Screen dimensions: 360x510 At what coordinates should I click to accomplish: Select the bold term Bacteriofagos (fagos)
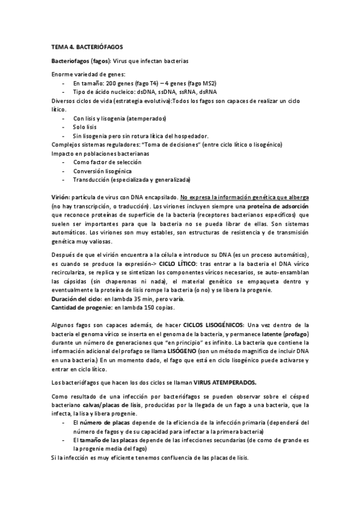click(x=80, y=61)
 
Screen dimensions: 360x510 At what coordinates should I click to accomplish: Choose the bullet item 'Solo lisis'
click(x=87, y=127)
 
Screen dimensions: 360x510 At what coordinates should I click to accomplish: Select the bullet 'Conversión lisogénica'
click(x=103, y=171)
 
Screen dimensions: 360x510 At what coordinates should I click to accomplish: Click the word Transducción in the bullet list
click(x=93, y=179)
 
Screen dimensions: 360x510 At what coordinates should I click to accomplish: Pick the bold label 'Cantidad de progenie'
click(x=81, y=308)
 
